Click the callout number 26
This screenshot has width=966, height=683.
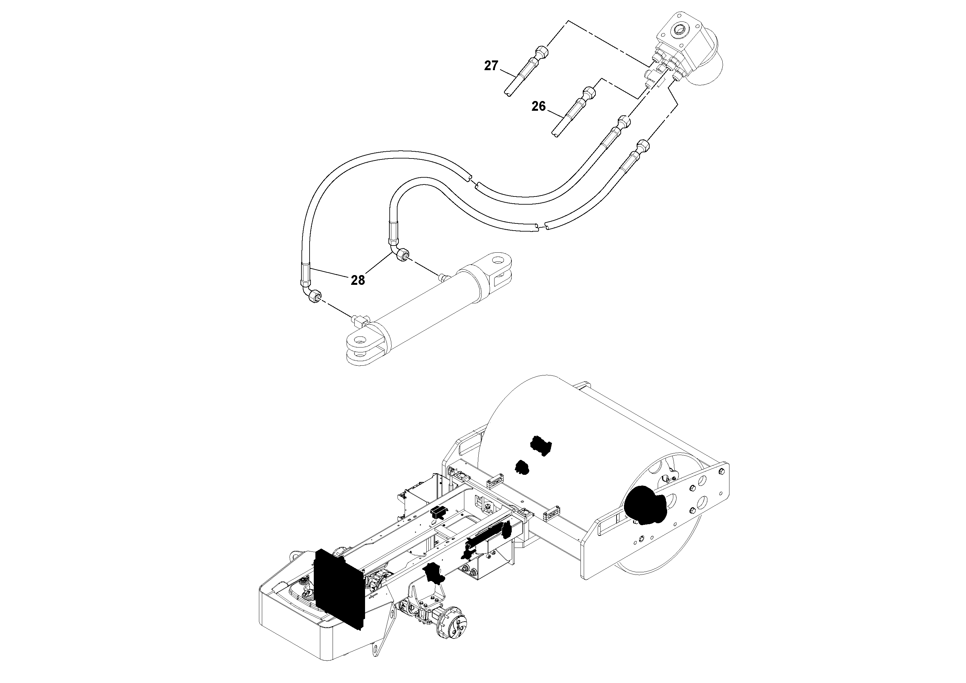tap(539, 107)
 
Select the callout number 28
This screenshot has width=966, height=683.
tap(358, 280)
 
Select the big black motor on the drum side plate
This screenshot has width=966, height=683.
tap(644, 510)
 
